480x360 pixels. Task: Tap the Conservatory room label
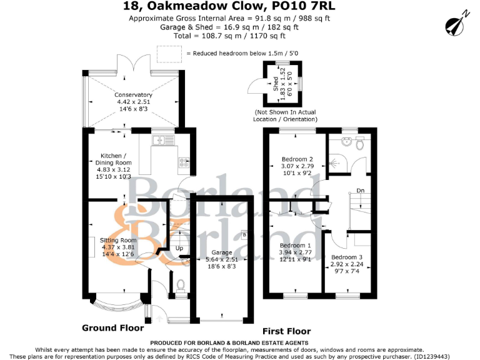(x=133, y=95)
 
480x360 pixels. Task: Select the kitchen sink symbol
(x=163, y=140)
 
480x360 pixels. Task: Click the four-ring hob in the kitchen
(x=184, y=162)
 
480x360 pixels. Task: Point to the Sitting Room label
(x=118, y=240)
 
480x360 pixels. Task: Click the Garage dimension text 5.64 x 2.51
(x=222, y=259)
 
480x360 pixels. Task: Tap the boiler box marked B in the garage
(x=244, y=235)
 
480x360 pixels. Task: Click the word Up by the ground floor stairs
(x=179, y=248)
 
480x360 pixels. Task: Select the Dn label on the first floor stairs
(x=360, y=191)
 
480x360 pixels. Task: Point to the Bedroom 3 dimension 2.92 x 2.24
(x=347, y=264)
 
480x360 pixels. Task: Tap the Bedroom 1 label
(x=295, y=246)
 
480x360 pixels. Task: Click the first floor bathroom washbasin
(x=346, y=141)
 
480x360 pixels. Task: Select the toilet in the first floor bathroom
(x=360, y=143)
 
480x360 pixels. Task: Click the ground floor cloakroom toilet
(x=181, y=285)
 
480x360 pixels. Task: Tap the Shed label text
(x=276, y=84)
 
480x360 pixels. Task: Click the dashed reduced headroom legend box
(x=169, y=54)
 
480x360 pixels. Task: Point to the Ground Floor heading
(x=113, y=328)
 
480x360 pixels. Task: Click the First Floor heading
(x=286, y=331)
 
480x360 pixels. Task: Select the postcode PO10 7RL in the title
(x=300, y=6)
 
